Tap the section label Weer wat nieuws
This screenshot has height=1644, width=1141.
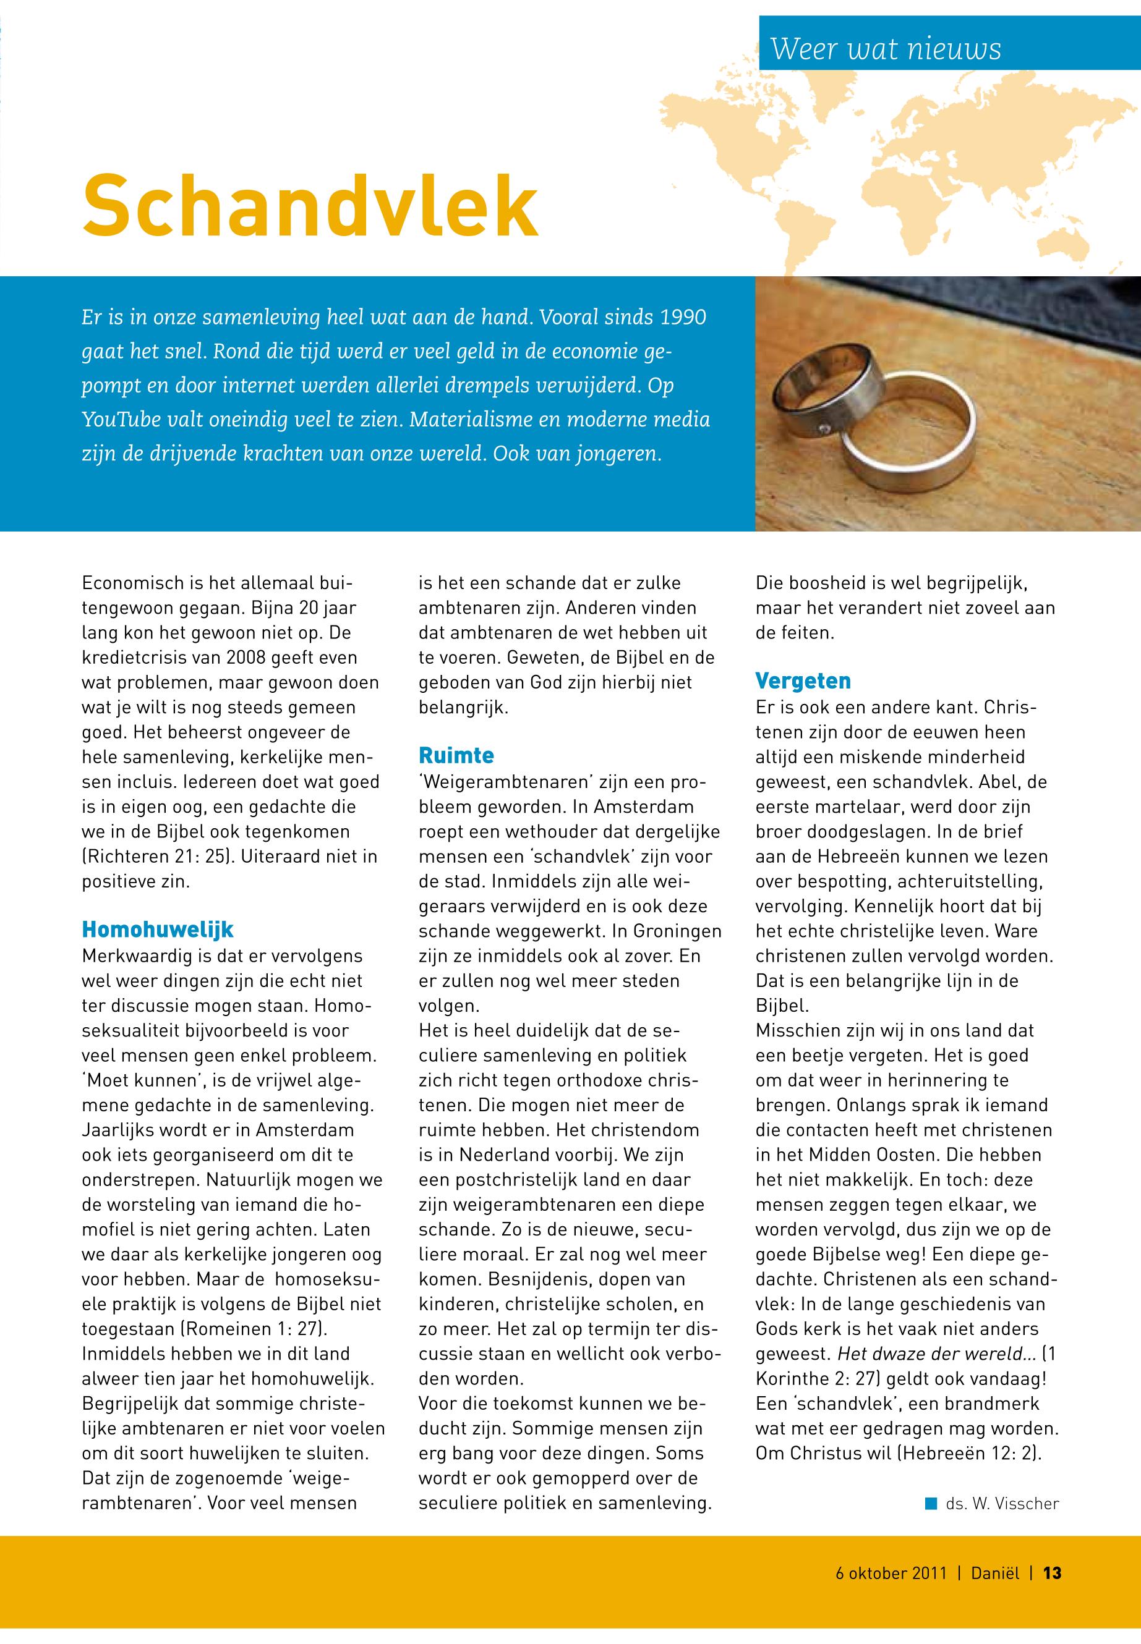(x=885, y=49)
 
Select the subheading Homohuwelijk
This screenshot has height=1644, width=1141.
(x=158, y=930)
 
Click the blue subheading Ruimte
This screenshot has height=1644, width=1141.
(x=456, y=755)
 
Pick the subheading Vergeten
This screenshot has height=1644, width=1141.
(x=803, y=680)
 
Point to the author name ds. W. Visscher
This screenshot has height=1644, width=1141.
(x=1002, y=1503)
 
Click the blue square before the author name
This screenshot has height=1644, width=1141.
(x=931, y=1502)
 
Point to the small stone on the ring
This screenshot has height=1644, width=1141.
(x=826, y=429)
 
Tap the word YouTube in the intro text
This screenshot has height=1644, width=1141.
(x=120, y=420)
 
